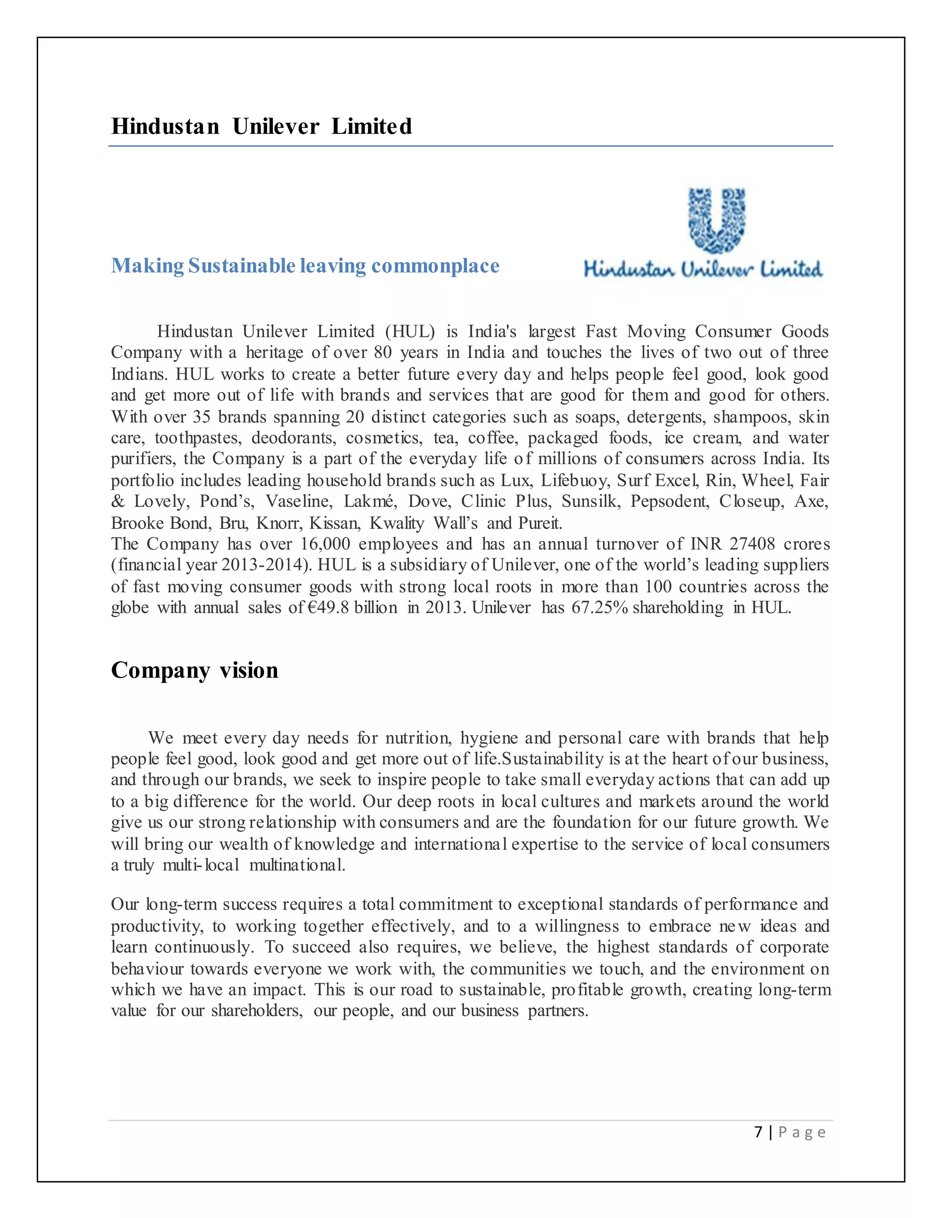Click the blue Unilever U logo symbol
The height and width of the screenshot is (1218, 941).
(717, 219)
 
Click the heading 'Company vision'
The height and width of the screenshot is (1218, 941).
(194, 670)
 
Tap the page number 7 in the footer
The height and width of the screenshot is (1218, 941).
(758, 1132)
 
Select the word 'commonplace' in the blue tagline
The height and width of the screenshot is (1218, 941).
(436, 266)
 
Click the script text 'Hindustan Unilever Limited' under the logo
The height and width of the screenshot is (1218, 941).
(703, 269)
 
